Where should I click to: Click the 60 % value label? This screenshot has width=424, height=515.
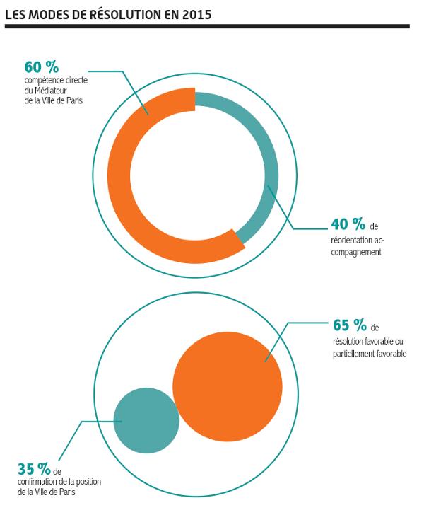click(x=42, y=67)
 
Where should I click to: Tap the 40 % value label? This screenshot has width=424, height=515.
click(x=348, y=225)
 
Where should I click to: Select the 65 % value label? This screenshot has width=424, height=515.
click(x=350, y=325)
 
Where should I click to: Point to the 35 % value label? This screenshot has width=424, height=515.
click(x=34, y=469)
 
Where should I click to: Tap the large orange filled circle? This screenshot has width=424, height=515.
click(x=228, y=386)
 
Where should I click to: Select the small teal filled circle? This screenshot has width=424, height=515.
click(x=146, y=420)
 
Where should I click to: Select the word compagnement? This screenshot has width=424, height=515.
click(x=357, y=251)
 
